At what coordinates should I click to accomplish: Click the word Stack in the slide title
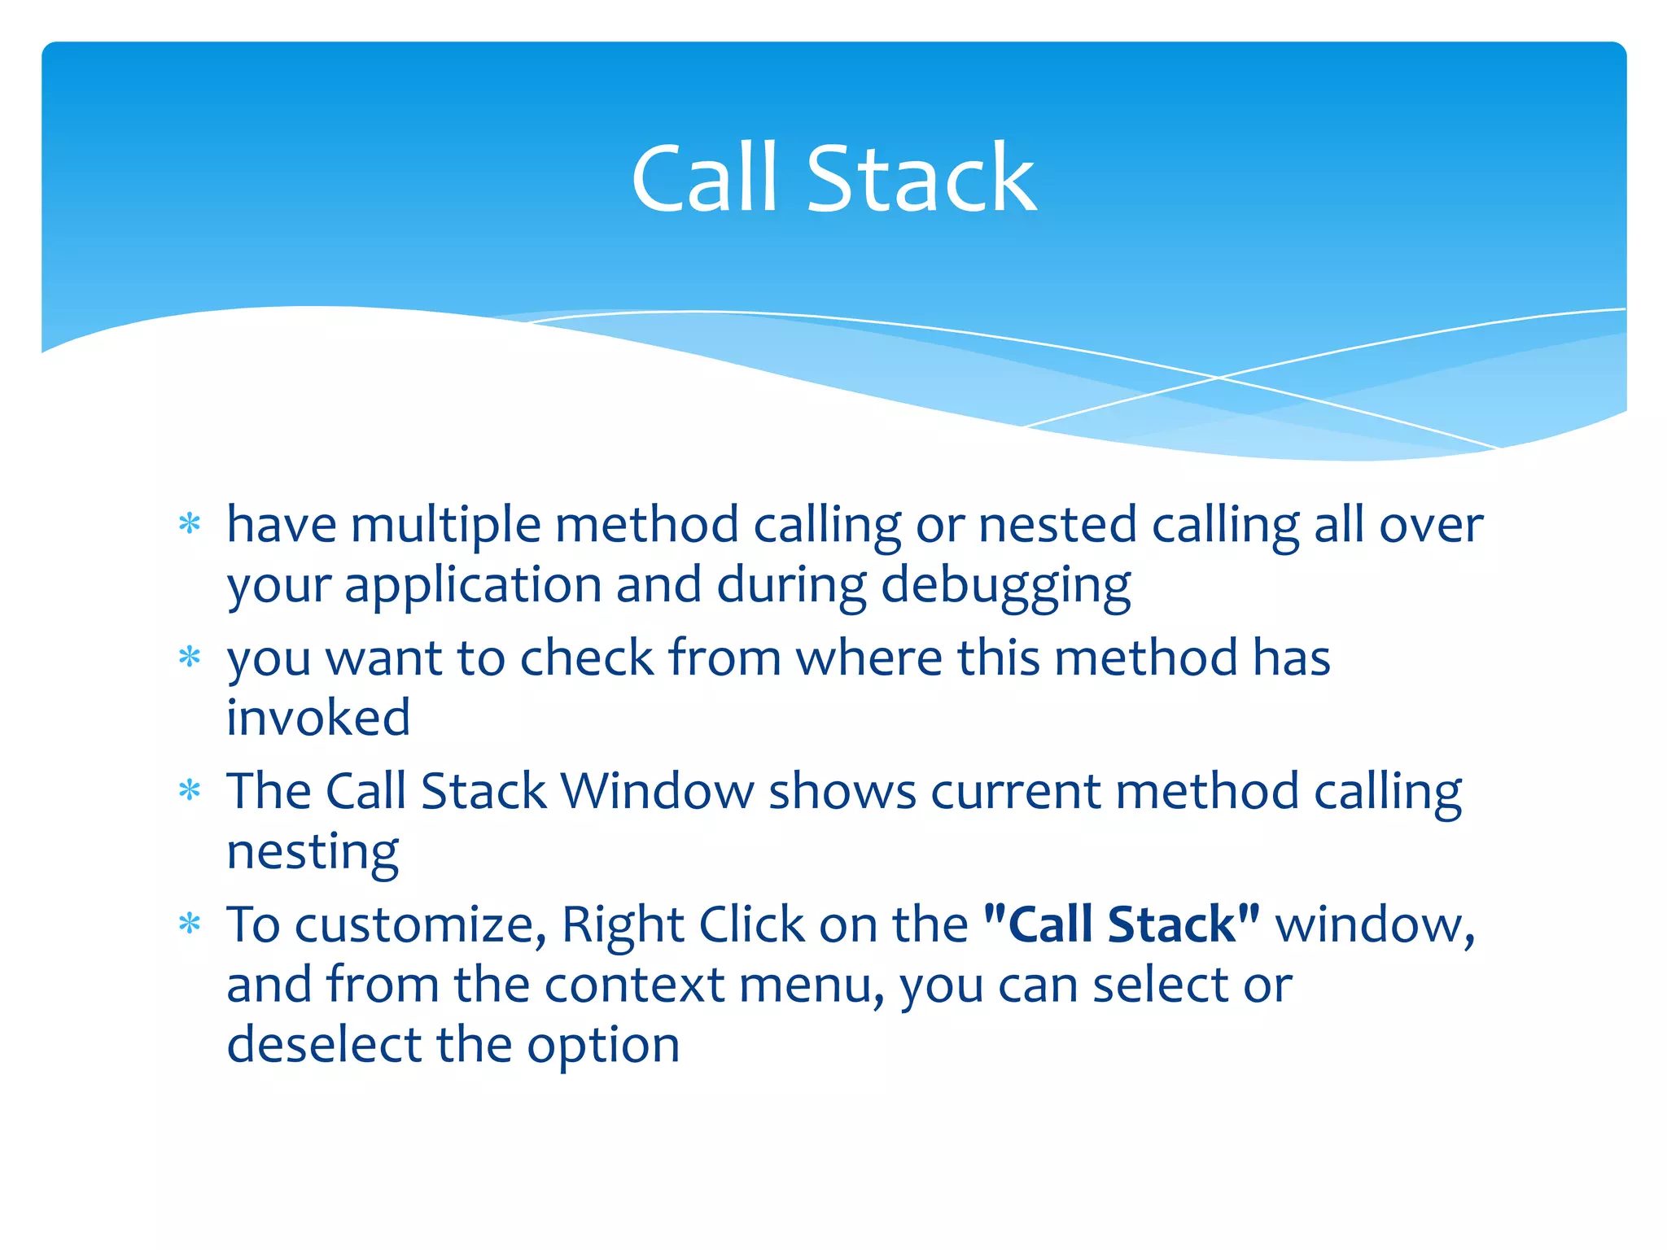pos(921,178)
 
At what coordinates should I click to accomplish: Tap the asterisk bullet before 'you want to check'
pos(190,657)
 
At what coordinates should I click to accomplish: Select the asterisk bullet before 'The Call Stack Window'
pos(190,790)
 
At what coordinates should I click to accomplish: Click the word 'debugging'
pos(1005,587)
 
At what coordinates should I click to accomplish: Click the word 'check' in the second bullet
pos(587,658)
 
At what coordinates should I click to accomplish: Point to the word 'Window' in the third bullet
pos(658,791)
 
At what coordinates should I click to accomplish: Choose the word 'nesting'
pos(313,853)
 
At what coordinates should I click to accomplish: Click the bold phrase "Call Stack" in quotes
pos(1122,924)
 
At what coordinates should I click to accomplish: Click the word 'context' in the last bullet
pos(634,985)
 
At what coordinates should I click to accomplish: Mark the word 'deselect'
pos(324,1045)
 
